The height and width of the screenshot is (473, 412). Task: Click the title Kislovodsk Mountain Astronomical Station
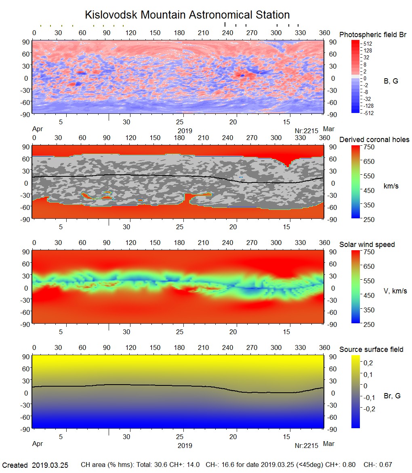pos(187,15)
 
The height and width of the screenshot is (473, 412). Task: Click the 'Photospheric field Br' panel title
pos(373,35)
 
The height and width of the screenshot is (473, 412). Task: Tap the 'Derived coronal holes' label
pos(374,140)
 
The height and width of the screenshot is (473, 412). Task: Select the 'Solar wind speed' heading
pos(367,245)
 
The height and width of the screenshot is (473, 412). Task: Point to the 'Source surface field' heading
pos(371,350)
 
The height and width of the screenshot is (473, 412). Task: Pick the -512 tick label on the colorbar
pos(368,113)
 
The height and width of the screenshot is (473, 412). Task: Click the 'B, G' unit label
pos(391,81)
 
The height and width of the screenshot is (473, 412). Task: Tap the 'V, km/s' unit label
pos(395,291)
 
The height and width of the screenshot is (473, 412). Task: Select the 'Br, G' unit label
pos(392,396)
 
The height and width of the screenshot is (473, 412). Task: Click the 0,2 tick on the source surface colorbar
pos(368,363)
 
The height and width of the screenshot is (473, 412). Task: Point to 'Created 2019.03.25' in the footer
pos(36,465)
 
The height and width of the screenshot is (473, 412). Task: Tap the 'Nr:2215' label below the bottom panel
pos(307,446)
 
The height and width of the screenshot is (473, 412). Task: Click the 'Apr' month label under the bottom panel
pos(37,444)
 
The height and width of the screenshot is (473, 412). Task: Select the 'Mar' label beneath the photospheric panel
pos(329,129)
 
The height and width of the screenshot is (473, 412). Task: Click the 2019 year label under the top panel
pos(185,131)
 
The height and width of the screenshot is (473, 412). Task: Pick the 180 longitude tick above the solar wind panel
pos(179,243)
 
